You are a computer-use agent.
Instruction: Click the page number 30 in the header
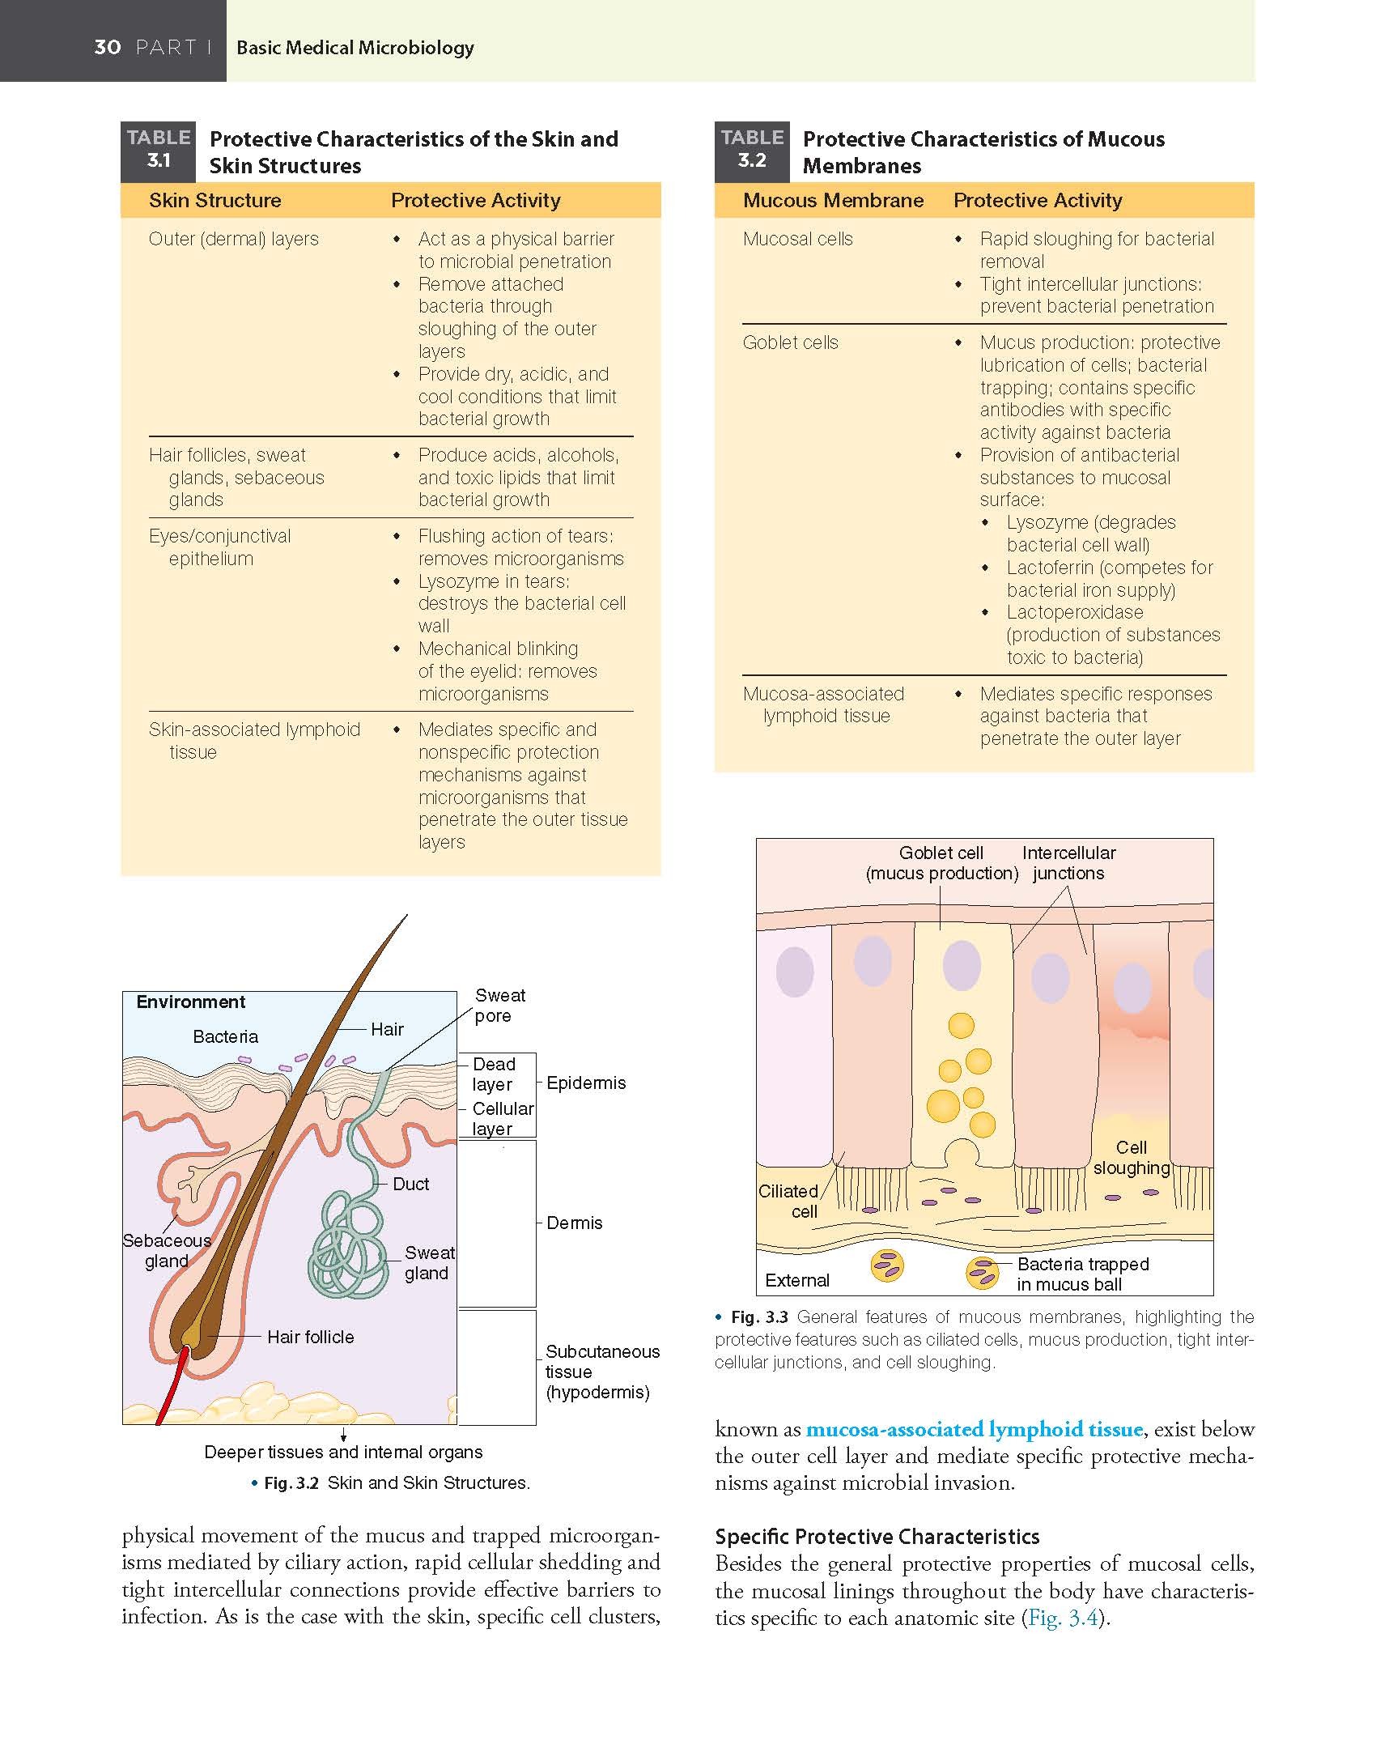pos(108,47)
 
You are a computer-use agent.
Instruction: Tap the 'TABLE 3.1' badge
pos(159,150)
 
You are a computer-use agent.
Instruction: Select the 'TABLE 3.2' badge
pos(752,150)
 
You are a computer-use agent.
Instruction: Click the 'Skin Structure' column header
pos(215,200)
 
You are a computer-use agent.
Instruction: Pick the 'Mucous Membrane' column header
pos(833,200)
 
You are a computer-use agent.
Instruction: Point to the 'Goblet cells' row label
pos(790,342)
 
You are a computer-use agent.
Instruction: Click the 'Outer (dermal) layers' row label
pos(234,239)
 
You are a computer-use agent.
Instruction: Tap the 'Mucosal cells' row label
pos(797,239)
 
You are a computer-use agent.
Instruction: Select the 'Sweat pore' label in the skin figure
pos(499,1005)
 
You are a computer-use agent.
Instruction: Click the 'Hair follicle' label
pos(311,1336)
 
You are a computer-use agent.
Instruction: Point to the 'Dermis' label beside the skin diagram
pos(574,1222)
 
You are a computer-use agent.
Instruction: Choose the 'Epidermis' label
pos(586,1083)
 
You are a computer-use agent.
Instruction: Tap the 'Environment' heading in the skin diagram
pos(190,1002)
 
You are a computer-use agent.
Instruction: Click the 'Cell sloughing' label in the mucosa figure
pos(1132,1157)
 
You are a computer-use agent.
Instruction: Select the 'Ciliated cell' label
pos(790,1201)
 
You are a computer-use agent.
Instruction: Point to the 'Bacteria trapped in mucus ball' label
pos(1082,1274)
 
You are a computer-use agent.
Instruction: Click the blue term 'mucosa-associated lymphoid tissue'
pos(975,1428)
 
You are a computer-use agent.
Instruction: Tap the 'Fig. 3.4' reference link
pos(1063,1617)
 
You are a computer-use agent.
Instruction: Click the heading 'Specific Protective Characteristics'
pos(877,1536)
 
